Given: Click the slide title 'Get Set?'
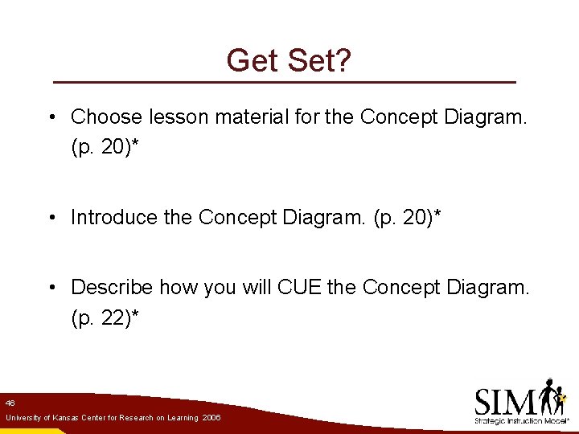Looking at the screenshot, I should point(289,60).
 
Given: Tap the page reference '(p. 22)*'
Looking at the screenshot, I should point(105,318).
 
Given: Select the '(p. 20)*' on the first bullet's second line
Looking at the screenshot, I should point(105,149).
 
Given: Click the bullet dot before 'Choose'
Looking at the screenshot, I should point(51,118).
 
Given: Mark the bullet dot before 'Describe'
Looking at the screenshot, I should point(51,288).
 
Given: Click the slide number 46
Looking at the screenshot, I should point(10,402).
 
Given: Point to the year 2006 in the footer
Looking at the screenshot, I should point(211,419).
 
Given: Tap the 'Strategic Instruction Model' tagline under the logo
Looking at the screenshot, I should point(520,420).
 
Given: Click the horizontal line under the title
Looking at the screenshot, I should point(284,83).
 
